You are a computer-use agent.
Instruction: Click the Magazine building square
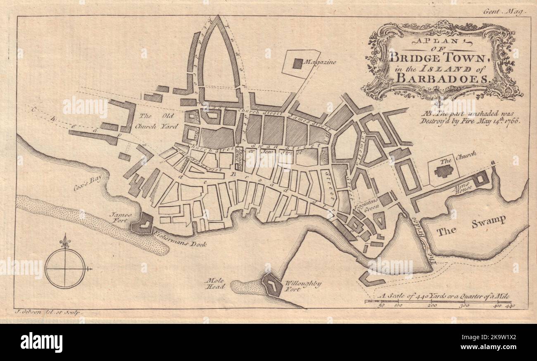[x=297, y=64]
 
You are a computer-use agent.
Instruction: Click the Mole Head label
[x=216, y=283]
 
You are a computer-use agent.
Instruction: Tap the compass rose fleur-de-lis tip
[x=64, y=239]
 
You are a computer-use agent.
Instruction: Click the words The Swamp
[x=471, y=225]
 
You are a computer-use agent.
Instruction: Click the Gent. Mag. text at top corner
[x=503, y=12]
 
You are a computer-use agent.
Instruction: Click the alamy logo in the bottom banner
[x=41, y=342]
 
